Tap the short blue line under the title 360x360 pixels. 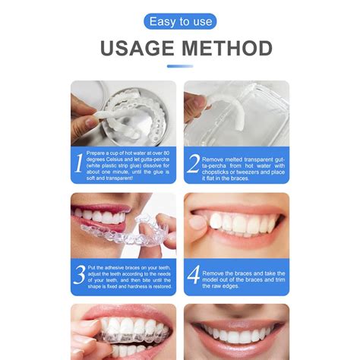[180, 66]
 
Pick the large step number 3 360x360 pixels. [80, 273]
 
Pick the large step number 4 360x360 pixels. [192, 273]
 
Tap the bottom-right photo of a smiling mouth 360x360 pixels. [236, 332]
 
